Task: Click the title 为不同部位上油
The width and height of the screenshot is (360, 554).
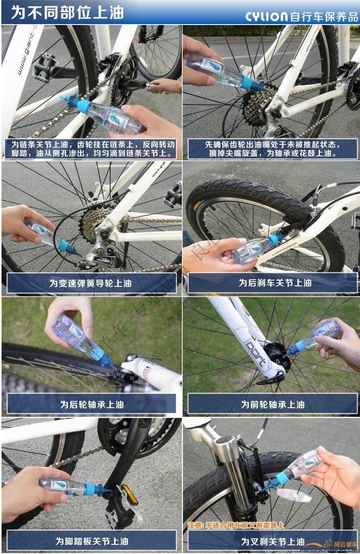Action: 67,12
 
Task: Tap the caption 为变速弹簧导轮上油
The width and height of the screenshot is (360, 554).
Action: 91,283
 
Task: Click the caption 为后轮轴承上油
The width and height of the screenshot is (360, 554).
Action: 91,404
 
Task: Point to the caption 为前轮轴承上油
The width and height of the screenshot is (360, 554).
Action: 272,404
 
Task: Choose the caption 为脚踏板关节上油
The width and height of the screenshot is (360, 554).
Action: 91,541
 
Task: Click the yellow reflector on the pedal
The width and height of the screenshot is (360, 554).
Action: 129,495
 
